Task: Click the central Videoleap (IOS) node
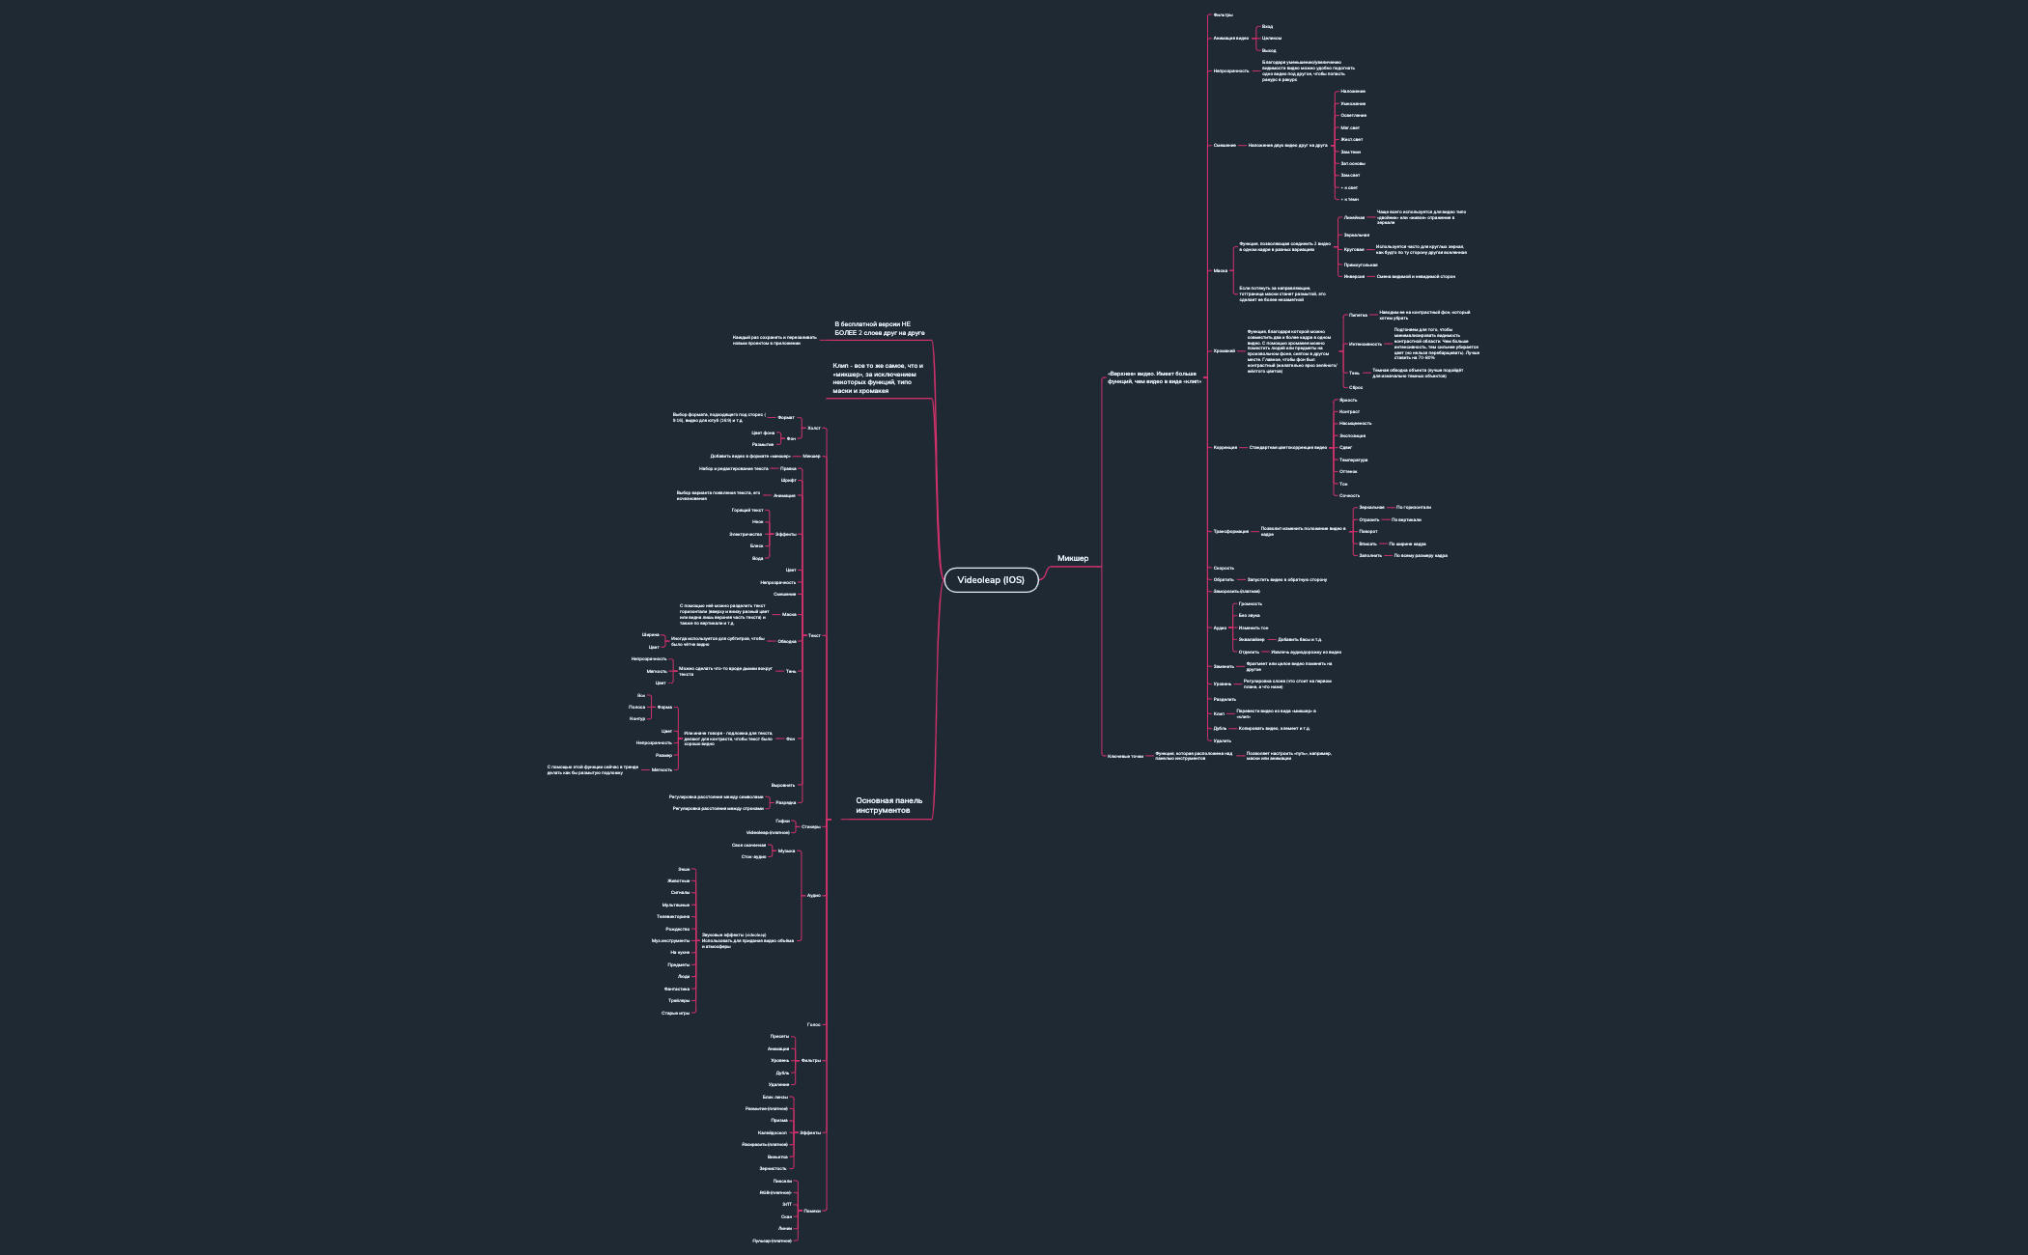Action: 991,579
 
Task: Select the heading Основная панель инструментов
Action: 888,805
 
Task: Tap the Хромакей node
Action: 1224,350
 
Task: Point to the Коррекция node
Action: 1225,447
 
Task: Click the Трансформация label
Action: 1230,531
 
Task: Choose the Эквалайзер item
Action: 1252,639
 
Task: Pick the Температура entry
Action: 1353,460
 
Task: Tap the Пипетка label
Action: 1358,315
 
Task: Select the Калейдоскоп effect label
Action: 773,1132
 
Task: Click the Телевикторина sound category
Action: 673,916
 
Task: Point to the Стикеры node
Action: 811,826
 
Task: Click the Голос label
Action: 813,1024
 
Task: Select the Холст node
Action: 813,428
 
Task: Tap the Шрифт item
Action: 788,480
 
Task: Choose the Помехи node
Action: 811,1211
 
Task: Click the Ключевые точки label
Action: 1125,756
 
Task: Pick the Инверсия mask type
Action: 1354,276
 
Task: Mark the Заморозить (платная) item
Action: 1236,591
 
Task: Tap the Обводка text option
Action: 787,641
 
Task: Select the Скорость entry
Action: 1224,568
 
